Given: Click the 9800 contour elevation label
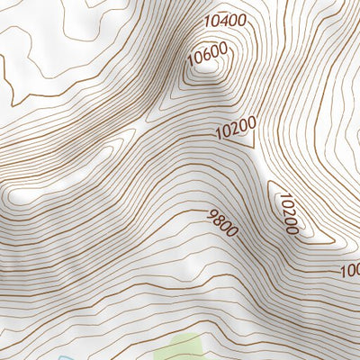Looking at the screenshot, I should pyautogui.click(x=222, y=223).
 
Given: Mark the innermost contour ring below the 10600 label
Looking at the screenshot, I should pyautogui.click(x=207, y=74).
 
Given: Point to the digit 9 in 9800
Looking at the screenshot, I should pyautogui.click(x=211, y=214).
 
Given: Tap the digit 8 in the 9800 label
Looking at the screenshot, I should pyautogui.click(x=219, y=220).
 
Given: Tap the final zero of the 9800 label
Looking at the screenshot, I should pyautogui.click(x=233, y=233).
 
